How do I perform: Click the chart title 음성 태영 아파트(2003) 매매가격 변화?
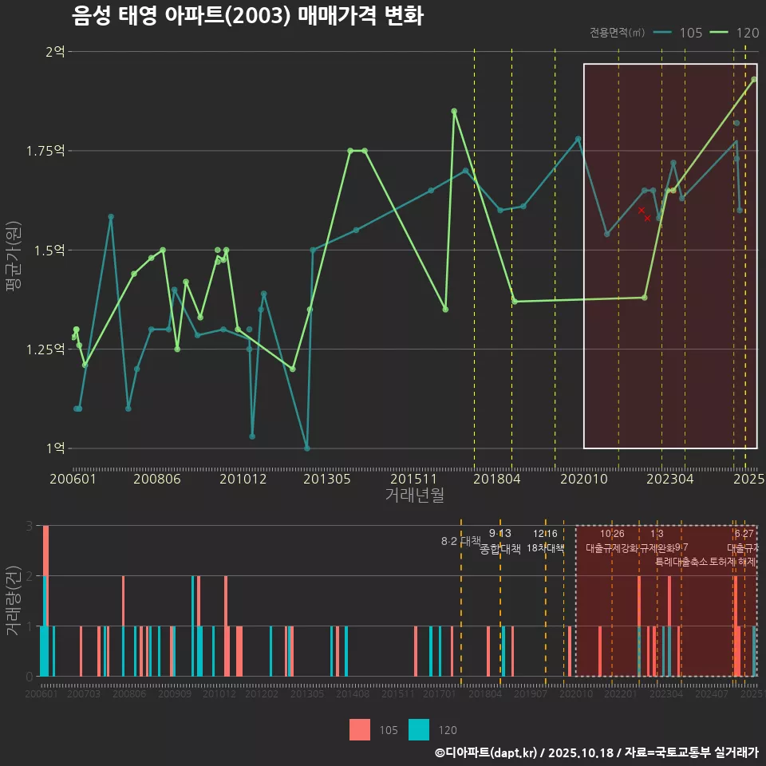(247, 16)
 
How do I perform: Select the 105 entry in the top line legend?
(690, 33)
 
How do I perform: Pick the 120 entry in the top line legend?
(747, 33)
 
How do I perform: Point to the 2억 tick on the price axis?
(55, 52)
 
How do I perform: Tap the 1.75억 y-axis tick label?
(48, 151)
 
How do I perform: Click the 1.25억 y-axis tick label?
(48, 349)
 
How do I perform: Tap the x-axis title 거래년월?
(414, 496)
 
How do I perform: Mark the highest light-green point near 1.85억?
(454, 111)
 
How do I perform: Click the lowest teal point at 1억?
(307, 448)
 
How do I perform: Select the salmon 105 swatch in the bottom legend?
(360, 730)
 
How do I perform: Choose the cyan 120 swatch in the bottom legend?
(419, 730)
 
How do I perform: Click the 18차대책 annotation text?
(546, 548)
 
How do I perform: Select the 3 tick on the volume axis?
(30, 526)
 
